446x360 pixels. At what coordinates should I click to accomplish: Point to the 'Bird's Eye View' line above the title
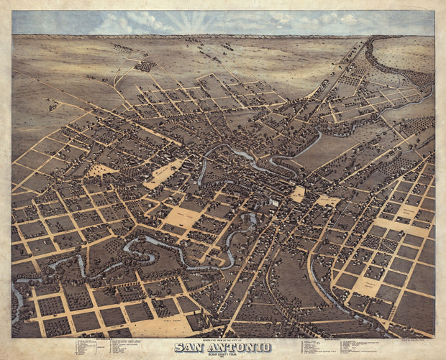(222, 341)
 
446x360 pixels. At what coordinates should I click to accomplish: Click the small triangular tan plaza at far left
(101, 170)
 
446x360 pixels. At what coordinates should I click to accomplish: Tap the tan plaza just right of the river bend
(297, 194)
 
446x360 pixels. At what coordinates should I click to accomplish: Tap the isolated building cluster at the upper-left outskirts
(145, 65)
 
